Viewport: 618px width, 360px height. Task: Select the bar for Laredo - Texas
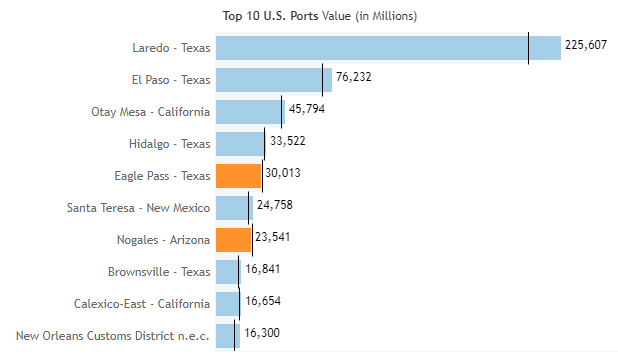[388, 48]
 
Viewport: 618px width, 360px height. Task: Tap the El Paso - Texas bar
[274, 80]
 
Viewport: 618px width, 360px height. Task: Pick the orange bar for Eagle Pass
[238, 176]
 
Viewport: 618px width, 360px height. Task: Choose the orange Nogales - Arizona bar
[234, 240]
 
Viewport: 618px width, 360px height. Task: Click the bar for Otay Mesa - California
[250, 112]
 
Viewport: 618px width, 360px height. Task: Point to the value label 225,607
[586, 45]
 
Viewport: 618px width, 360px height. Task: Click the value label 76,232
[354, 77]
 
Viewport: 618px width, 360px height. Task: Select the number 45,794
[307, 109]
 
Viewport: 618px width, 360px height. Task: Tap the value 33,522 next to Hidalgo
[288, 141]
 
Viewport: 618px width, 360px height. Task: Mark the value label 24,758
[275, 205]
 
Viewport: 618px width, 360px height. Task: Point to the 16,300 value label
[262, 333]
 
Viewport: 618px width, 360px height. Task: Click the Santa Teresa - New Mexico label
[138, 208]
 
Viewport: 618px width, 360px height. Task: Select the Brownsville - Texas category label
[159, 272]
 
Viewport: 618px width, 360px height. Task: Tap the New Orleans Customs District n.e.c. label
[113, 336]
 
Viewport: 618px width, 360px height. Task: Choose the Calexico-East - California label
[142, 304]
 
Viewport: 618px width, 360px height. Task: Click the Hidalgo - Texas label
[169, 144]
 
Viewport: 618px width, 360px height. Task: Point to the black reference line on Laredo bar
[528, 48]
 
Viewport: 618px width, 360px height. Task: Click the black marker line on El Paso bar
[322, 80]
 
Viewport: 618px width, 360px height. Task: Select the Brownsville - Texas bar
[229, 272]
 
